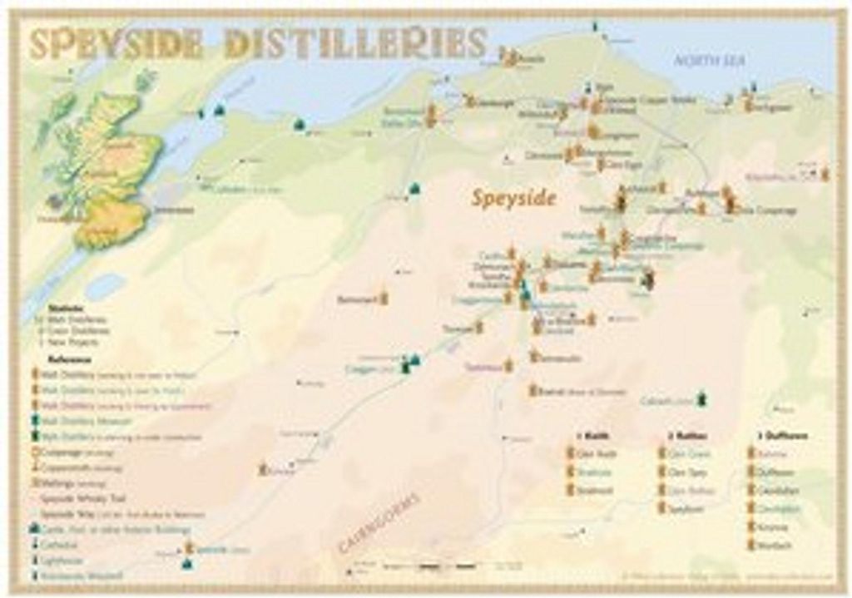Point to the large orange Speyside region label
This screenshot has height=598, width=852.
513,198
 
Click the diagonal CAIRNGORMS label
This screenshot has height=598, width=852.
379,522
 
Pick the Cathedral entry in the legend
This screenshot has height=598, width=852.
62,545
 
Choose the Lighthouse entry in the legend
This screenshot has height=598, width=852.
63,560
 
